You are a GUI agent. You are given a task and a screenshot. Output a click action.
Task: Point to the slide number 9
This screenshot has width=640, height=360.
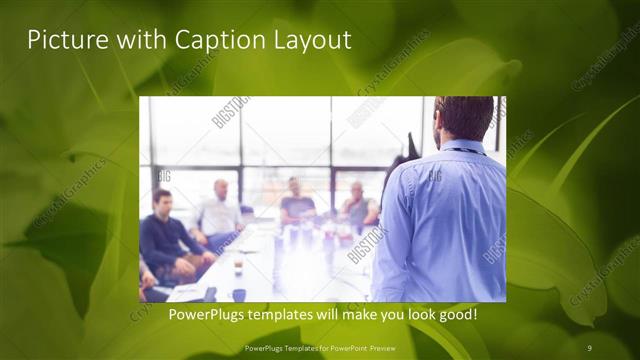click(590, 346)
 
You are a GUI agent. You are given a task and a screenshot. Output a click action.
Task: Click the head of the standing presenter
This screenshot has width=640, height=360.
click(463, 118)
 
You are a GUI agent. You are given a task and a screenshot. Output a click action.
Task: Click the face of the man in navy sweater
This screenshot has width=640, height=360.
click(162, 202)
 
